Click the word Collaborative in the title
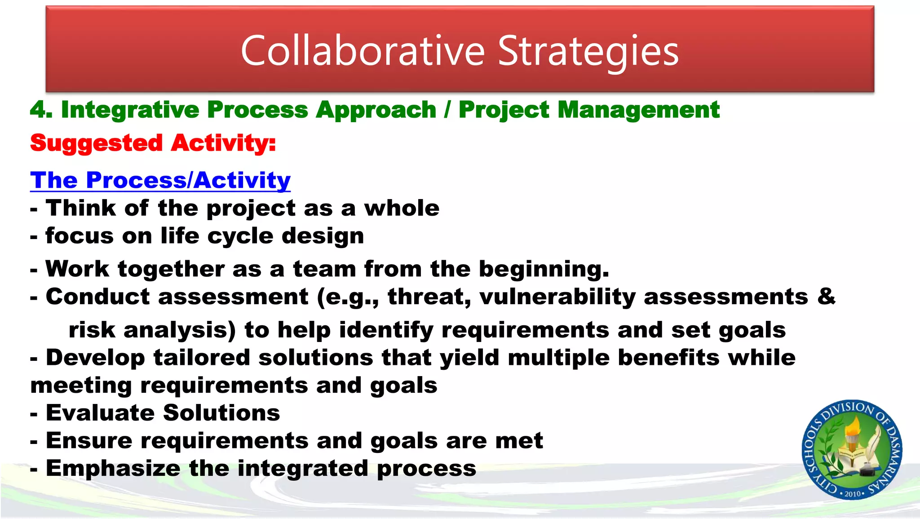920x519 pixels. coord(363,51)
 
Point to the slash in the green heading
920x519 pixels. coord(447,110)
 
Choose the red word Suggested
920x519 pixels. coord(96,143)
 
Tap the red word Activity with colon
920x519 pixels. coord(223,143)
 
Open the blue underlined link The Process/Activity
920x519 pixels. coord(160,180)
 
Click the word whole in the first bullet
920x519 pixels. coord(402,208)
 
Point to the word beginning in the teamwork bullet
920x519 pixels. coord(544,269)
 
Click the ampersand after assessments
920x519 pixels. coord(826,297)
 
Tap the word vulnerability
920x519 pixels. coord(557,297)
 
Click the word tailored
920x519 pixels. coord(201,358)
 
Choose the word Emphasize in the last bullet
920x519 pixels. coord(113,468)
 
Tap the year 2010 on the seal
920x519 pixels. coord(852,494)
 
